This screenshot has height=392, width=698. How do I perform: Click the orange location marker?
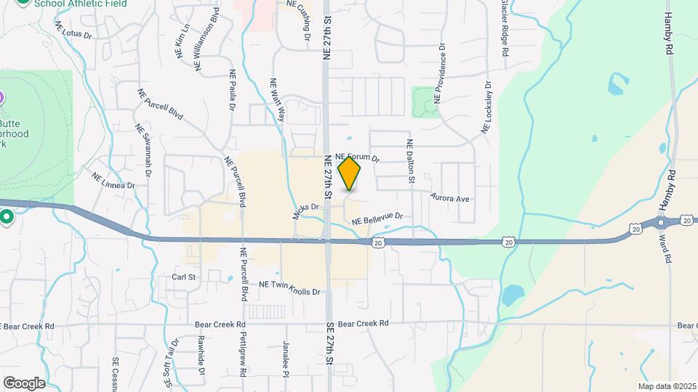(350, 173)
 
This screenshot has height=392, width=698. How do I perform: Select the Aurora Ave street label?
(451, 197)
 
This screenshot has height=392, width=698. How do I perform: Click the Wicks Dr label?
(306, 211)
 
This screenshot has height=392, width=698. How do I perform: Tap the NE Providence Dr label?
(439, 73)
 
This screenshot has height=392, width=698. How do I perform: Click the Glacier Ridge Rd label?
(504, 29)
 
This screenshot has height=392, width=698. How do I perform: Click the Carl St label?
(184, 277)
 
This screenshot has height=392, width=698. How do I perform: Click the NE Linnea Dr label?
(113, 180)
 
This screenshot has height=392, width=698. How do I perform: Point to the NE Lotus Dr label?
(73, 29)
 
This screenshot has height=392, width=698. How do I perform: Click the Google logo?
(24, 383)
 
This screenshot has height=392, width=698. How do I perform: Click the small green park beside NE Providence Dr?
(422, 102)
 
